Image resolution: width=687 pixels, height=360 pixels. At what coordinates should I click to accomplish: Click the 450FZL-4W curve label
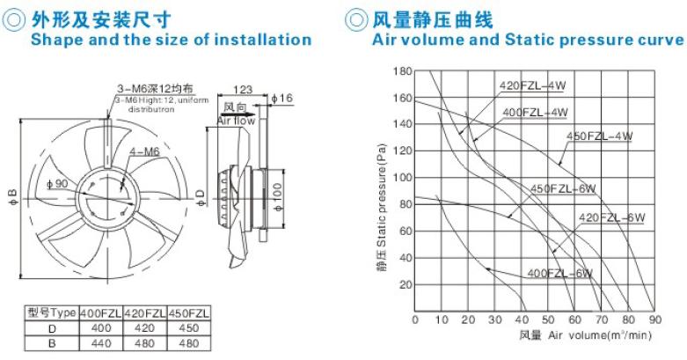(x=599, y=136)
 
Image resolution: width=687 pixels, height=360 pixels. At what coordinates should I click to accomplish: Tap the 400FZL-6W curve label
(x=559, y=273)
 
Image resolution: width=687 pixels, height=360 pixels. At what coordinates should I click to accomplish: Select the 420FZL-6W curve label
(x=612, y=217)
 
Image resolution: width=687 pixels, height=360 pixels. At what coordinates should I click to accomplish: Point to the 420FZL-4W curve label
(x=533, y=85)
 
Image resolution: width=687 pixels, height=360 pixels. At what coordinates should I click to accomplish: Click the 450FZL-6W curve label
(x=563, y=189)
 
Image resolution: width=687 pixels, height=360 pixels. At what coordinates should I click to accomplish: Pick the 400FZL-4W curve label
(x=535, y=113)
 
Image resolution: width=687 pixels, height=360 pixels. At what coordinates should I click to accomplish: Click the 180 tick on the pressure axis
(x=403, y=70)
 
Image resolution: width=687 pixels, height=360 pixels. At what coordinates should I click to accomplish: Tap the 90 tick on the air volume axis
(x=654, y=320)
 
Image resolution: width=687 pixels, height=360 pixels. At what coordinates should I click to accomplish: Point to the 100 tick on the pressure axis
(x=403, y=178)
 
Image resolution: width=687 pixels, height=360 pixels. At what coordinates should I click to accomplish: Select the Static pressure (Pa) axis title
(x=382, y=206)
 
